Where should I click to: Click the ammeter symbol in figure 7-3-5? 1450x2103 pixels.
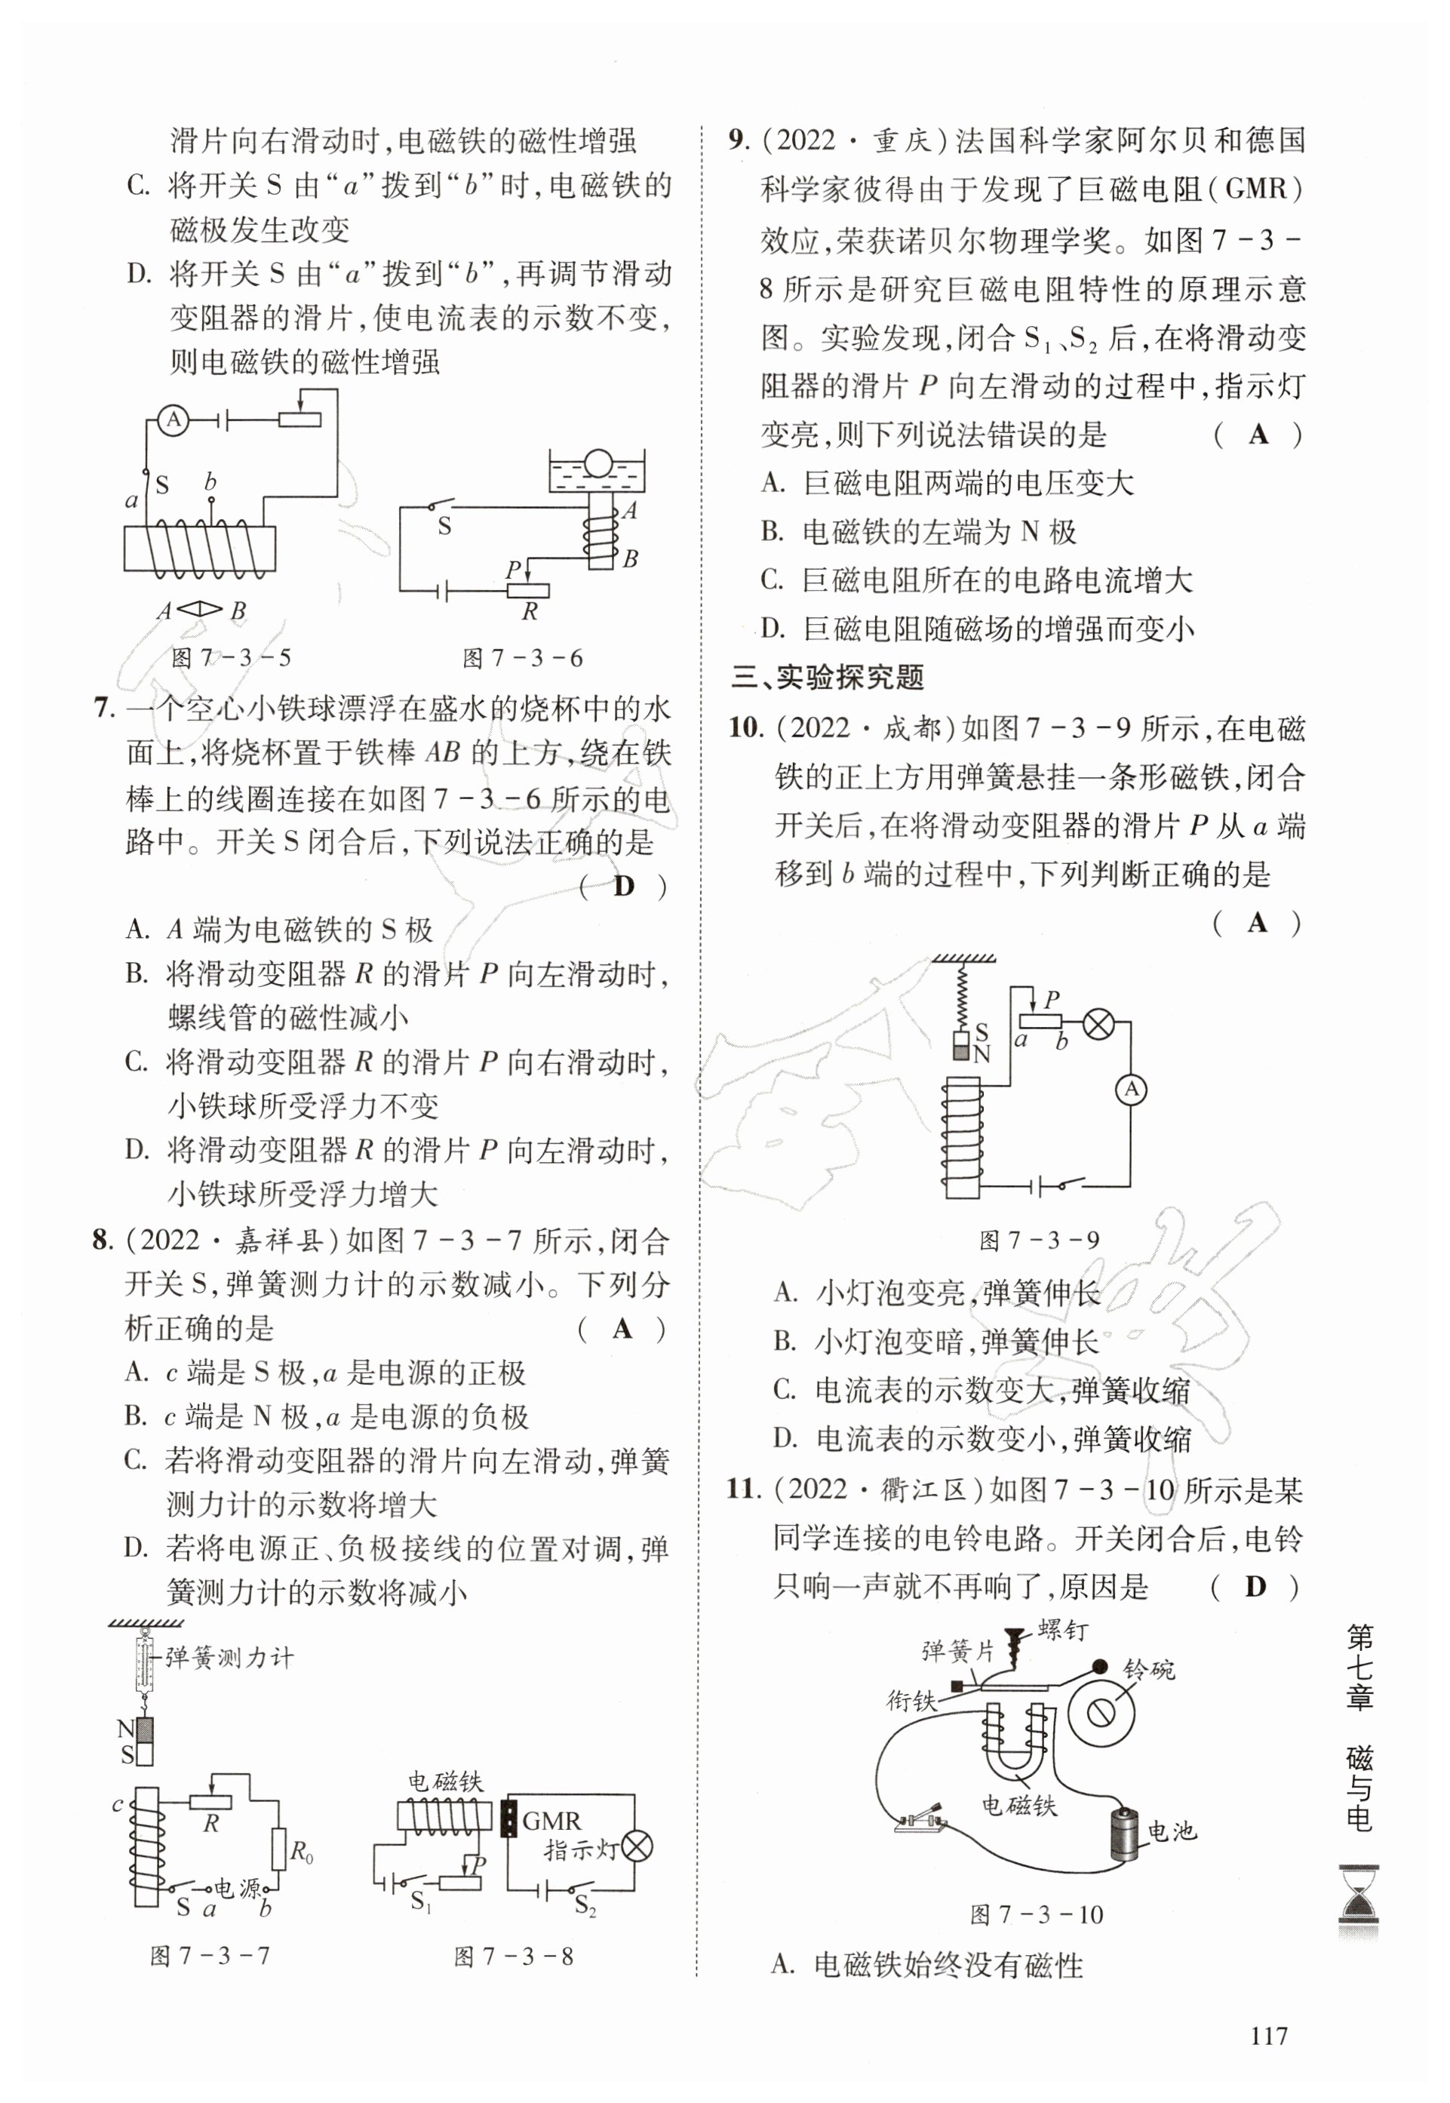click(x=174, y=420)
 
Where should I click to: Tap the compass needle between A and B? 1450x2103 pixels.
click(x=199, y=610)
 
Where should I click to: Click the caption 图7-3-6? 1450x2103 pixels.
click(x=521, y=658)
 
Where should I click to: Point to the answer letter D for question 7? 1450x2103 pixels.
click(x=623, y=886)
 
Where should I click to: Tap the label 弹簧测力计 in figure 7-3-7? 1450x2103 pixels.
click(x=229, y=1658)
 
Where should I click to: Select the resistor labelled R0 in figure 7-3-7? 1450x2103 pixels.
click(x=278, y=1849)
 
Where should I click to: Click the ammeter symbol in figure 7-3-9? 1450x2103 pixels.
click(x=1131, y=1089)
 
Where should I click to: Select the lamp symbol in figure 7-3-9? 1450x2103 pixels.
click(x=1098, y=1025)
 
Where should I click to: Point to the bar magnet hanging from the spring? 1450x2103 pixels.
click(x=961, y=1044)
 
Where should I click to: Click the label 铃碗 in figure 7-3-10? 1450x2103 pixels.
click(x=1148, y=1670)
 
